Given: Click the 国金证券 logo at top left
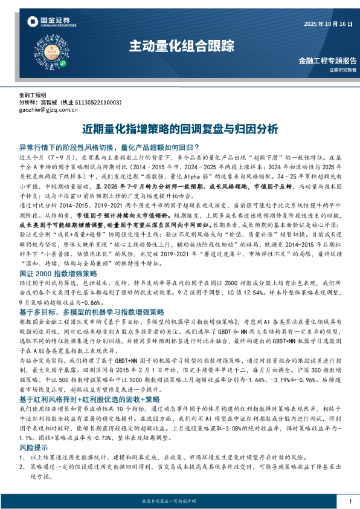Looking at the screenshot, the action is point(51,23).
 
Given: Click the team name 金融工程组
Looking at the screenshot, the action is point(33,96).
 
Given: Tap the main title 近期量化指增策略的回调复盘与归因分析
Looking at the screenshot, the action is point(180,129).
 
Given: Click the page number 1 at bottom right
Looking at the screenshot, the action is point(350,501).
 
